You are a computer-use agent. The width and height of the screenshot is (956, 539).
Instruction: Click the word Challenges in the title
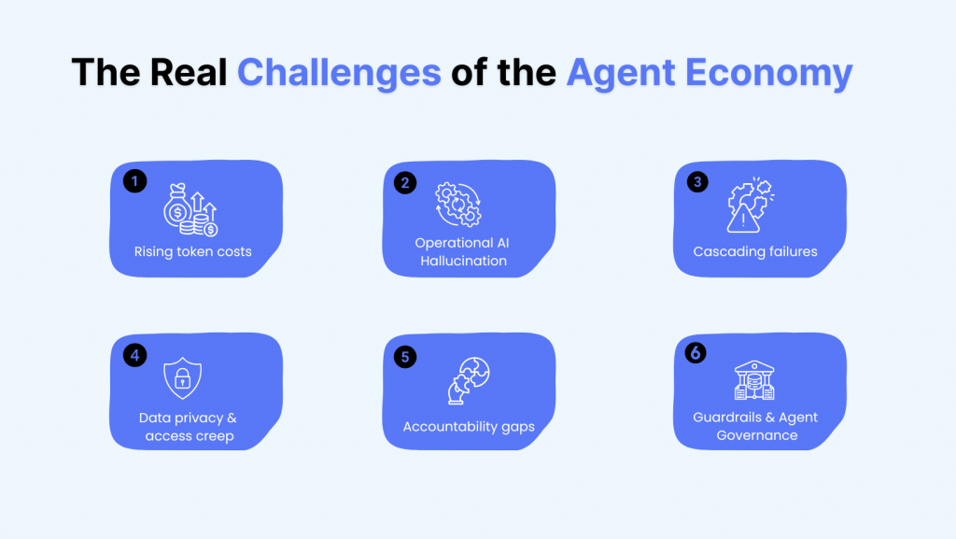[339, 72]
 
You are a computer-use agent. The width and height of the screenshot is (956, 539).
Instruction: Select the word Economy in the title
[775, 72]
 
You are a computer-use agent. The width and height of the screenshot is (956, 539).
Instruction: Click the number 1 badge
[134, 181]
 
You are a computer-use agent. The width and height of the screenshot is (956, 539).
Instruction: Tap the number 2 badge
[404, 182]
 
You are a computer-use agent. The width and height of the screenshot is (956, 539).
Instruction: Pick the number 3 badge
[696, 181]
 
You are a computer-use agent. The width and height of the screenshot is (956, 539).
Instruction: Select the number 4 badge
[134, 355]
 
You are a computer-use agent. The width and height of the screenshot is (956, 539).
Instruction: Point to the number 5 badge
[404, 356]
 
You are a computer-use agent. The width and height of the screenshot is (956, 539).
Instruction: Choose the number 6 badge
[696, 353]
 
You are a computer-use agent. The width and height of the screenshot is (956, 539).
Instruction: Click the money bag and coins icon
[190, 210]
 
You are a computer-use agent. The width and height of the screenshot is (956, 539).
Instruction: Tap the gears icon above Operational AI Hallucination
[458, 204]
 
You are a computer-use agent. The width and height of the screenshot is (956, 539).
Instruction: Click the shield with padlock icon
[182, 378]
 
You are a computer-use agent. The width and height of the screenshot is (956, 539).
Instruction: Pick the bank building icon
[755, 380]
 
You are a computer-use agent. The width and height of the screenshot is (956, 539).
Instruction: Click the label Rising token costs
[192, 251]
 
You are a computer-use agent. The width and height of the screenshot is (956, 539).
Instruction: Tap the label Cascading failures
[755, 251]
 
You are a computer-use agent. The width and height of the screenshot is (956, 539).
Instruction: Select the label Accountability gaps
[469, 426]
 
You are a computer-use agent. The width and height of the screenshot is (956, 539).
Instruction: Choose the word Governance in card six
[757, 435]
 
